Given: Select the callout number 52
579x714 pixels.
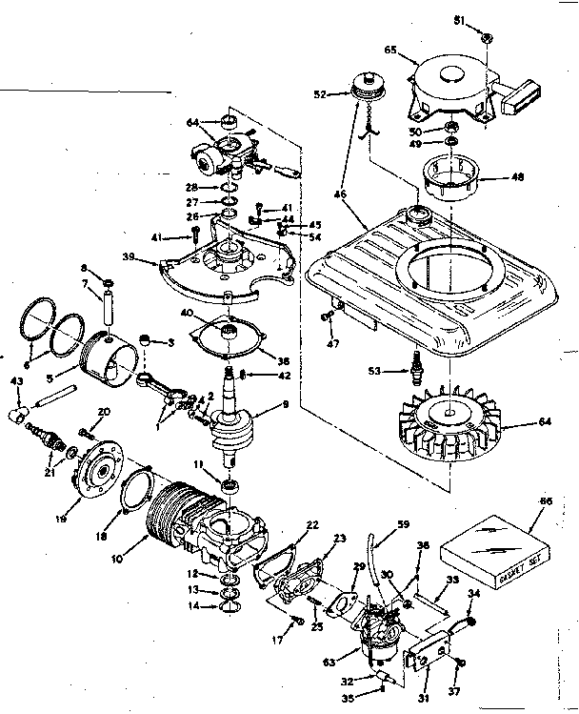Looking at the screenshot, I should click(x=319, y=94).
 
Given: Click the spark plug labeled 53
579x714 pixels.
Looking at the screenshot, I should click(x=415, y=367).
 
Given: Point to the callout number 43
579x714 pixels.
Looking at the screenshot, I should click(x=15, y=382).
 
